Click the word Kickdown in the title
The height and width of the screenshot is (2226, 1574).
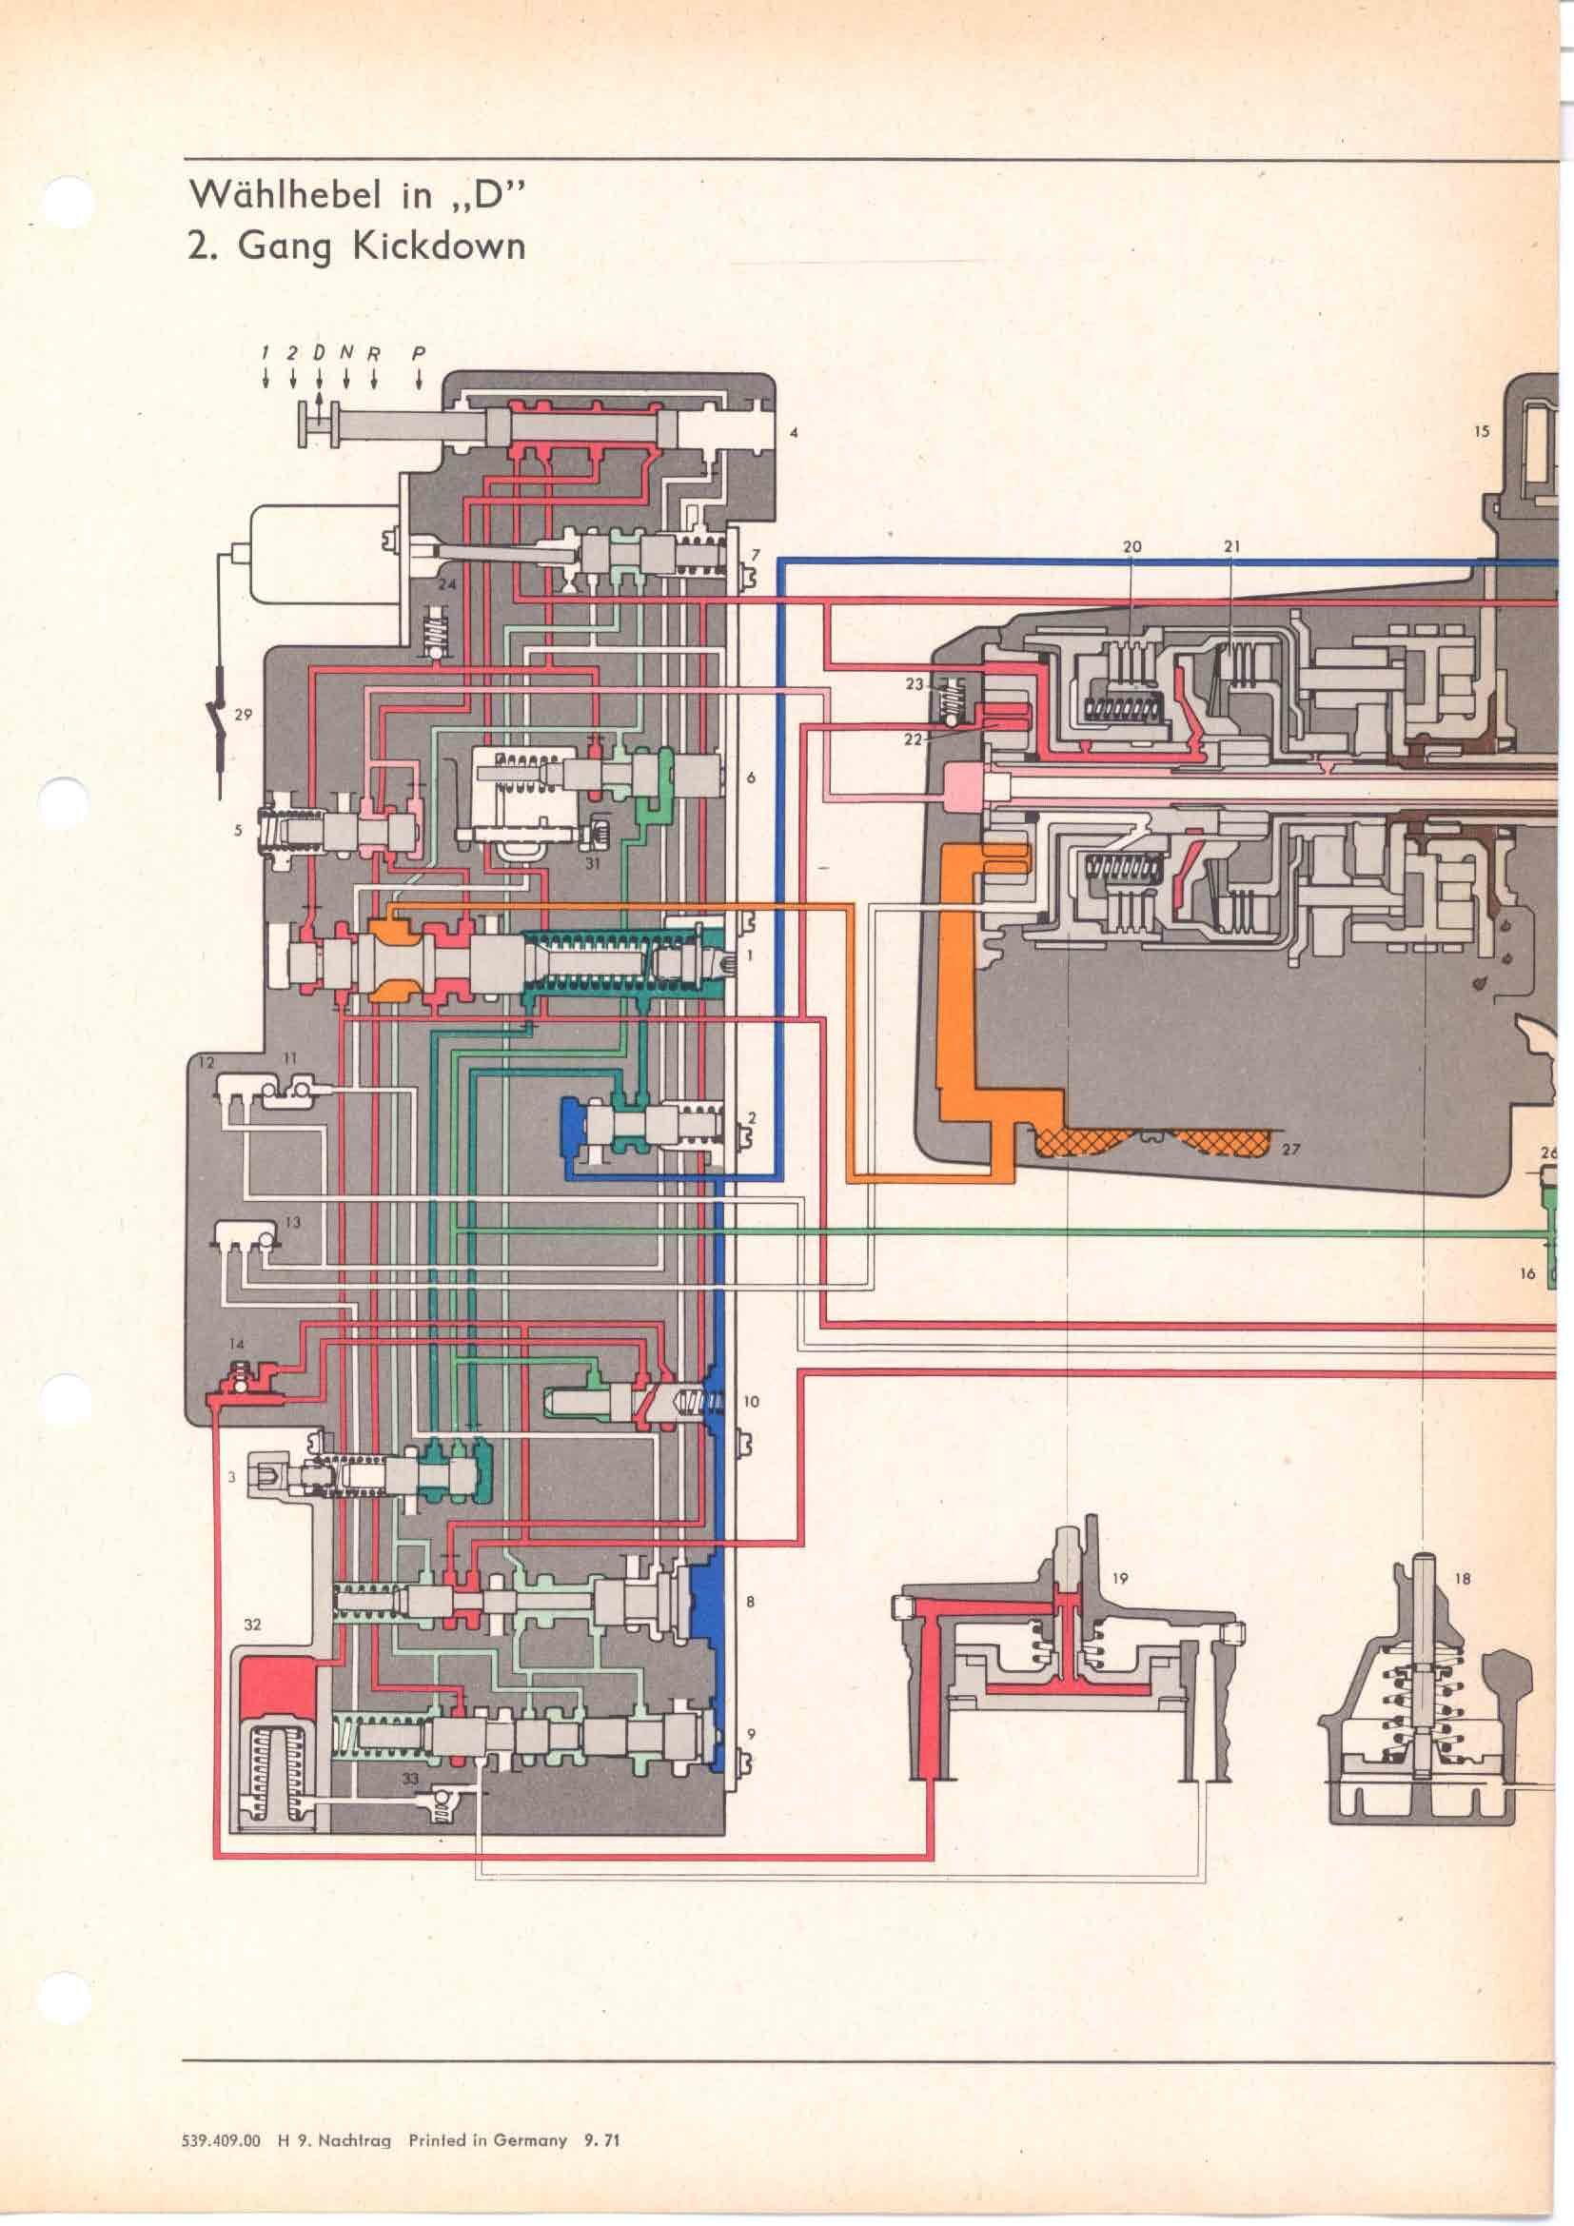(439, 245)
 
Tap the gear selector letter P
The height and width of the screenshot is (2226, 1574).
(418, 354)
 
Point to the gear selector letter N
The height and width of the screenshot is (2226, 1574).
(346, 354)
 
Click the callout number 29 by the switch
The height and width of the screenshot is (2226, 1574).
(244, 715)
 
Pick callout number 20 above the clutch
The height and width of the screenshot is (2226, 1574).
(1131, 547)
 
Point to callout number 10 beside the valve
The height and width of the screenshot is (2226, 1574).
(752, 1402)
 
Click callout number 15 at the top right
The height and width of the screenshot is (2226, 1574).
(1482, 431)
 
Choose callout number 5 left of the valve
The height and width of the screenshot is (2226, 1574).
(238, 830)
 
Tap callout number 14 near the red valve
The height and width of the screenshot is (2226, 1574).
(238, 1344)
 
